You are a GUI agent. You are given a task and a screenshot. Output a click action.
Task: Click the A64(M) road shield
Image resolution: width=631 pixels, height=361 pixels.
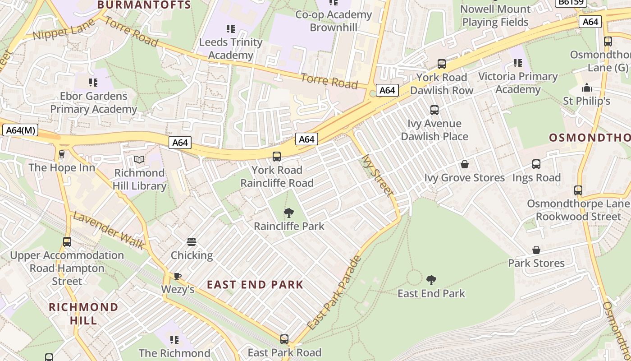[x=20, y=130]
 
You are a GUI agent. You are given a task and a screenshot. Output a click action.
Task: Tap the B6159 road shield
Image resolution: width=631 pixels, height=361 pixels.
[x=571, y=2]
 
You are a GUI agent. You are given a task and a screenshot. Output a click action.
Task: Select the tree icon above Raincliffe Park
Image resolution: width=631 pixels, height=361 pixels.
[x=289, y=213]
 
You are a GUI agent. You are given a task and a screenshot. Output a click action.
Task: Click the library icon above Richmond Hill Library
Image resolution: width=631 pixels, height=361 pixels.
[x=139, y=160]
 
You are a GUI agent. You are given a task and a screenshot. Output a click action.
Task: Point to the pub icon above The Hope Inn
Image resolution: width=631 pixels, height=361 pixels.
[x=62, y=154]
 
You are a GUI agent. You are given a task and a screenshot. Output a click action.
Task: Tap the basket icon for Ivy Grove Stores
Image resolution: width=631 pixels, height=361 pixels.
[x=464, y=164]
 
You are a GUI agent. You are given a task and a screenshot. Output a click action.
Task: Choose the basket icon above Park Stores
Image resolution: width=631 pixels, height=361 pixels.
[x=536, y=250]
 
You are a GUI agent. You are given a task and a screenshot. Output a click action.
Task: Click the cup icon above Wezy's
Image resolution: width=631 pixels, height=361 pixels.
[x=178, y=276]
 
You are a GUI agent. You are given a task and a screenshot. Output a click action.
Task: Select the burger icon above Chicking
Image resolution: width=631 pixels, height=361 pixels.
[x=192, y=242]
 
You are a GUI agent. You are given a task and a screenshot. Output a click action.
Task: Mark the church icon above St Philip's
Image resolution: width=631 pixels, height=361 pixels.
[x=586, y=87]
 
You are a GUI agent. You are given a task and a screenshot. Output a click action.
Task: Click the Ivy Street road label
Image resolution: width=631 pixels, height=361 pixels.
[x=378, y=176]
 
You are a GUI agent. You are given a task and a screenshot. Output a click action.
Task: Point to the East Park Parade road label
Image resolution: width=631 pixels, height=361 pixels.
[x=334, y=292]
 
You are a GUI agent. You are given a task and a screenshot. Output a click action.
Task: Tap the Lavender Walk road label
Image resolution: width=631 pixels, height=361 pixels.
[x=109, y=231]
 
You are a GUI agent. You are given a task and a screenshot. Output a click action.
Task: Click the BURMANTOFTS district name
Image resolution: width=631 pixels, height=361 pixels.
[x=144, y=5]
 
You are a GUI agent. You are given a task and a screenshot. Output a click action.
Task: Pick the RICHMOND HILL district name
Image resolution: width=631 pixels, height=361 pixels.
[x=83, y=314]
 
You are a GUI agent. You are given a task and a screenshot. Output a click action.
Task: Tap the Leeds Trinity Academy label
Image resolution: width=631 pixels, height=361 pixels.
[x=231, y=49]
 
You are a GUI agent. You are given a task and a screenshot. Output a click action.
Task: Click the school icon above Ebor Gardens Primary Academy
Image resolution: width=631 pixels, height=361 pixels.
[x=93, y=83]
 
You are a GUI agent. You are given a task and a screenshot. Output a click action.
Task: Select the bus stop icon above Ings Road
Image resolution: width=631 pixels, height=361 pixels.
[x=536, y=164]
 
